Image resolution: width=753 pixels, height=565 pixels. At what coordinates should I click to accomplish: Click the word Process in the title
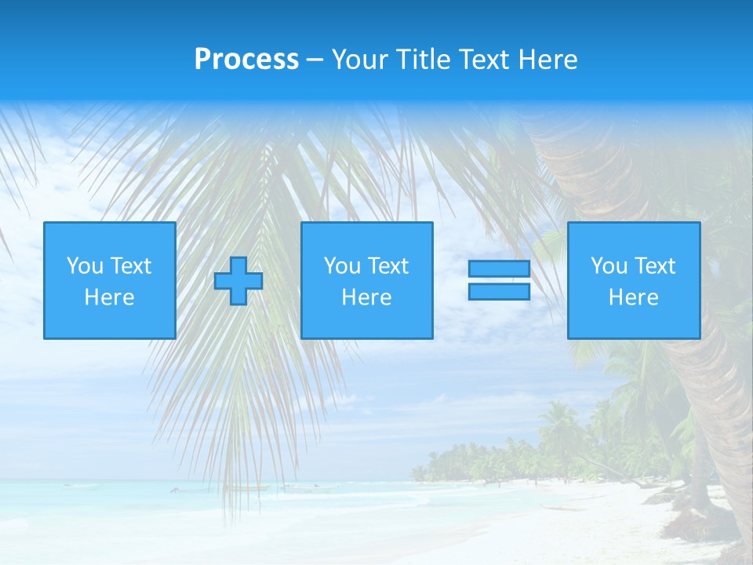(x=246, y=60)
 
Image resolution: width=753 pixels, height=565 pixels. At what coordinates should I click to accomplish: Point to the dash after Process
(x=315, y=60)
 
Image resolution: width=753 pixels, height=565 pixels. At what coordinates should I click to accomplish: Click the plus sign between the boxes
(x=238, y=281)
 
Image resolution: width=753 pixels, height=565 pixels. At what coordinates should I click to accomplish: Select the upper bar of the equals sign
(x=499, y=268)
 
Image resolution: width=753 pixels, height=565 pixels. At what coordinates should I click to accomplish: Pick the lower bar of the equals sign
(x=499, y=291)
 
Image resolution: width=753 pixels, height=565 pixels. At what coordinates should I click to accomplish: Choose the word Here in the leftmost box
(x=109, y=297)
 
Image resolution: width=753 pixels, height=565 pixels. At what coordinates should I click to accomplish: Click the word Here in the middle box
(x=366, y=297)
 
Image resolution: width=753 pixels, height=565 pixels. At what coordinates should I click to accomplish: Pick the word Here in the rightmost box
(x=633, y=297)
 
